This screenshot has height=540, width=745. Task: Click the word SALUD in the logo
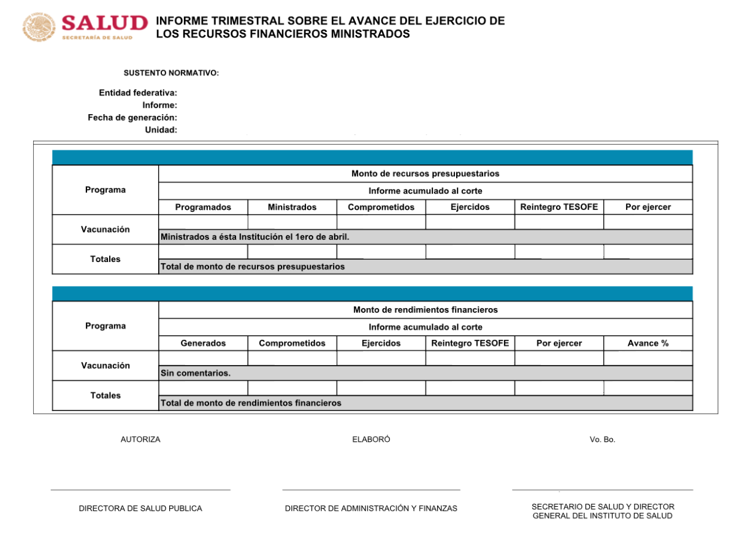[105, 23]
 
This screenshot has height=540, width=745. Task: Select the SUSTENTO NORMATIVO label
[171, 73]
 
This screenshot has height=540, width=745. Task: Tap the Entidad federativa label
[138, 93]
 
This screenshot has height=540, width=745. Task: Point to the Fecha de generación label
[132, 117]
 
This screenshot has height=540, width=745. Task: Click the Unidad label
[161, 129]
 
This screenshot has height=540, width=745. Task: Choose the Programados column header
[203, 207]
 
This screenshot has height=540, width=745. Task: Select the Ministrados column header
[292, 207]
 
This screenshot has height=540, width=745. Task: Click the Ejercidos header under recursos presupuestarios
[470, 207]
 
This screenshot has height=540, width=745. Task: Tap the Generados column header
[203, 344]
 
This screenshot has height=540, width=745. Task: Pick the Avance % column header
[648, 344]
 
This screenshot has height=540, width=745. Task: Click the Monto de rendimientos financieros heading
[425, 310]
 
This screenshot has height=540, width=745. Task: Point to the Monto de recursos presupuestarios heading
[425, 174]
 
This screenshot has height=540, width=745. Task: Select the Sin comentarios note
[196, 373]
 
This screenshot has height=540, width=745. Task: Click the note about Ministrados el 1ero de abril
[254, 237]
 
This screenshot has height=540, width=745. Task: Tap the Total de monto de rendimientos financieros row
[250, 403]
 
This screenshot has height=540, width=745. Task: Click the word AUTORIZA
[140, 439]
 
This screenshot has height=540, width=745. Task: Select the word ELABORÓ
[371, 439]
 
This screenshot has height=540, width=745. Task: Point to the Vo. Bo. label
[602, 439]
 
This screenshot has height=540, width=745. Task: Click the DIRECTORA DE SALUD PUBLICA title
[140, 509]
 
